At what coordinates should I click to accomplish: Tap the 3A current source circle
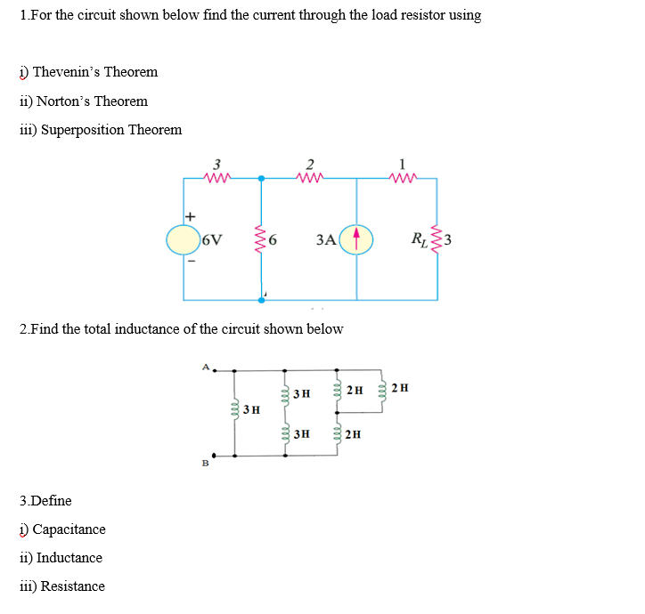pyautogui.click(x=357, y=238)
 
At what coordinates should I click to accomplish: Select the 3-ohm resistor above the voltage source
pyautogui.click(x=216, y=177)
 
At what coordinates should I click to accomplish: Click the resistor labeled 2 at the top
pyautogui.click(x=310, y=177)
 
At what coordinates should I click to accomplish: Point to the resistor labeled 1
pyautogui.click(x=404, y=177)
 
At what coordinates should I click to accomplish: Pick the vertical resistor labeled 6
pyautogui.click(x=261, y=238)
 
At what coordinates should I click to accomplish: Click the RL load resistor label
pyautogui.click(x=417, y=238)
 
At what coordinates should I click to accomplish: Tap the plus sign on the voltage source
pyautogui.click(x=190, y=216)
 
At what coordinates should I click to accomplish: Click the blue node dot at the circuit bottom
pyautogui.click(x=261, y=300)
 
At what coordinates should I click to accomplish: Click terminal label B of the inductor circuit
pyautogui.click(x=204, y=463)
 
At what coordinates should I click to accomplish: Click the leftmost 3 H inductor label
pyautogui.click(x=252, y=410)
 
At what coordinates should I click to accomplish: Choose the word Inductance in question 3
pyautogui.click(x=69, y=558)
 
